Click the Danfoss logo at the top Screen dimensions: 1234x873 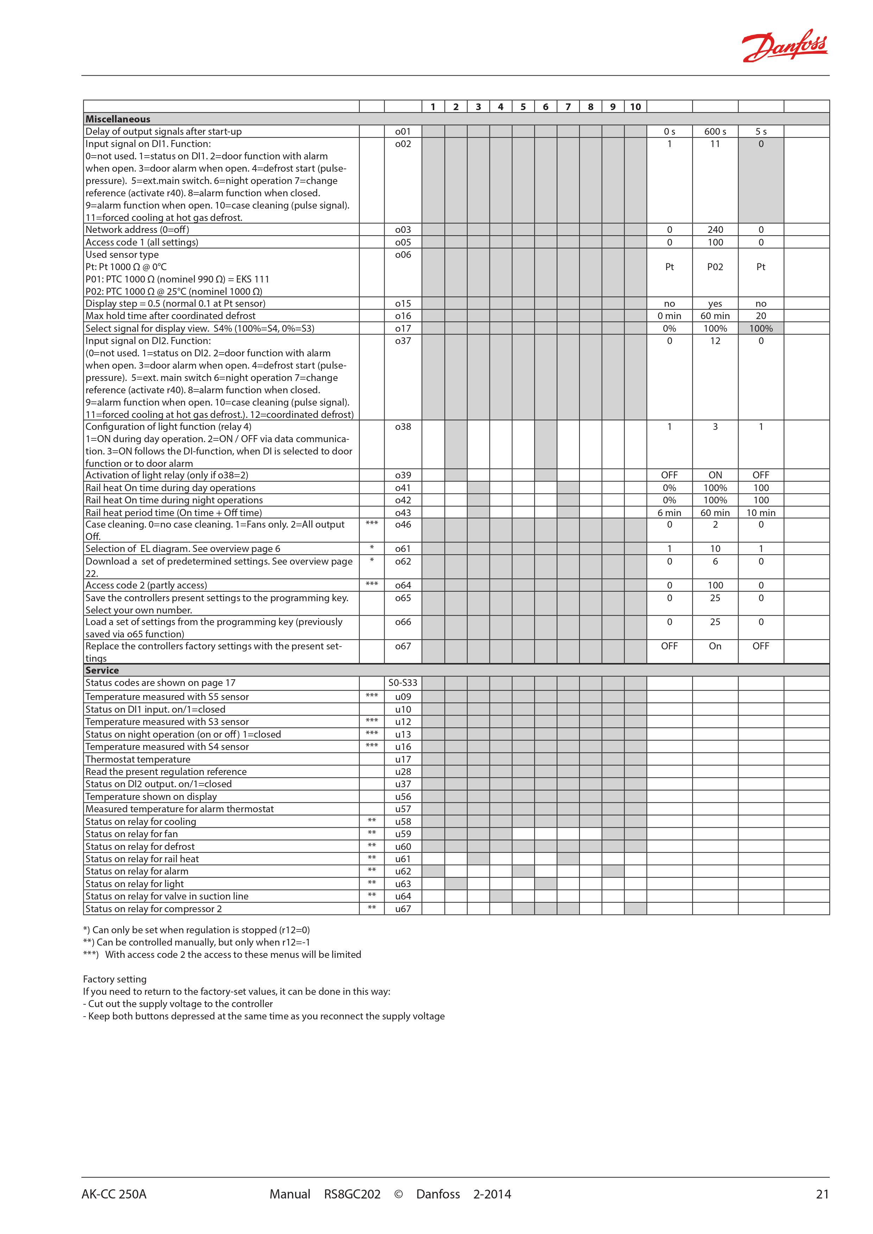coord(784,46)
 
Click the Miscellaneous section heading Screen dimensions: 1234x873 coord(118,119)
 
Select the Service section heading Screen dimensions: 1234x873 coord(102,670)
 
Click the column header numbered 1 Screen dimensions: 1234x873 coord(433,107)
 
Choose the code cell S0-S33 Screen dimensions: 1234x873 coord(403,682)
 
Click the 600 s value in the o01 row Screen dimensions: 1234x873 coord(715,131)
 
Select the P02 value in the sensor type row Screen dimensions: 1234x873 coord(715,267)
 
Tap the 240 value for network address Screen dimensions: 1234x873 coord(715,229)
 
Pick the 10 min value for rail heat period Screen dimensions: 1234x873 coord(761,513)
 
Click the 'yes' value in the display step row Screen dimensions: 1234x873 coord(715,304)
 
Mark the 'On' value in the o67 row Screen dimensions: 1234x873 coord(715,646)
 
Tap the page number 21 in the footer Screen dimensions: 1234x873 coord(822,1194)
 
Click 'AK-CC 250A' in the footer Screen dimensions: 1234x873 coord(114,1194)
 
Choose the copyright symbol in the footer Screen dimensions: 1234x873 coord(398,1194)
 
